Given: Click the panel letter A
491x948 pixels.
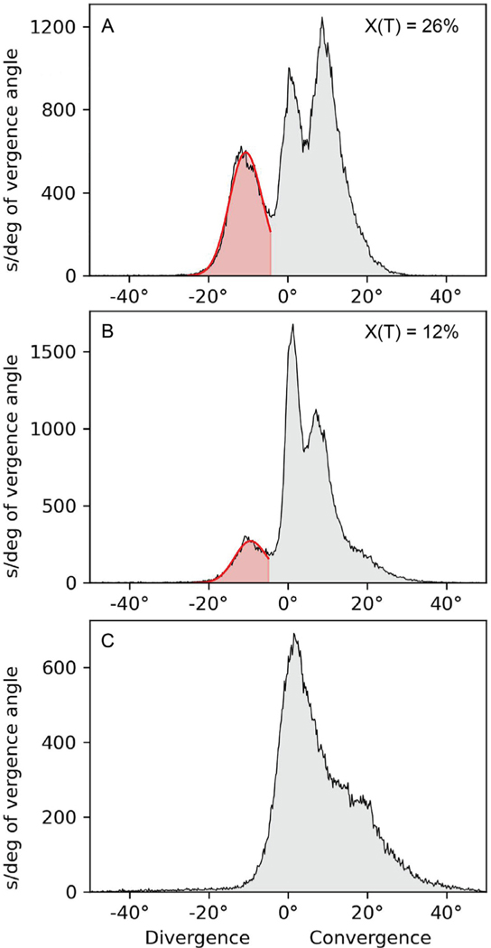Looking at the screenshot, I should [107, 28].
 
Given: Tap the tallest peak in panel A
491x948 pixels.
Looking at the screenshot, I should [321, 18].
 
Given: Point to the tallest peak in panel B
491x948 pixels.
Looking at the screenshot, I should [292, 325].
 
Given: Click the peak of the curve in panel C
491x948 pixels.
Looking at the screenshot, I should [294, 634].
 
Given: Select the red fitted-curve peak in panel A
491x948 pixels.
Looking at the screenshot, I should [246, 152].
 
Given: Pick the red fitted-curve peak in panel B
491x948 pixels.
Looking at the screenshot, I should [251, 541].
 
